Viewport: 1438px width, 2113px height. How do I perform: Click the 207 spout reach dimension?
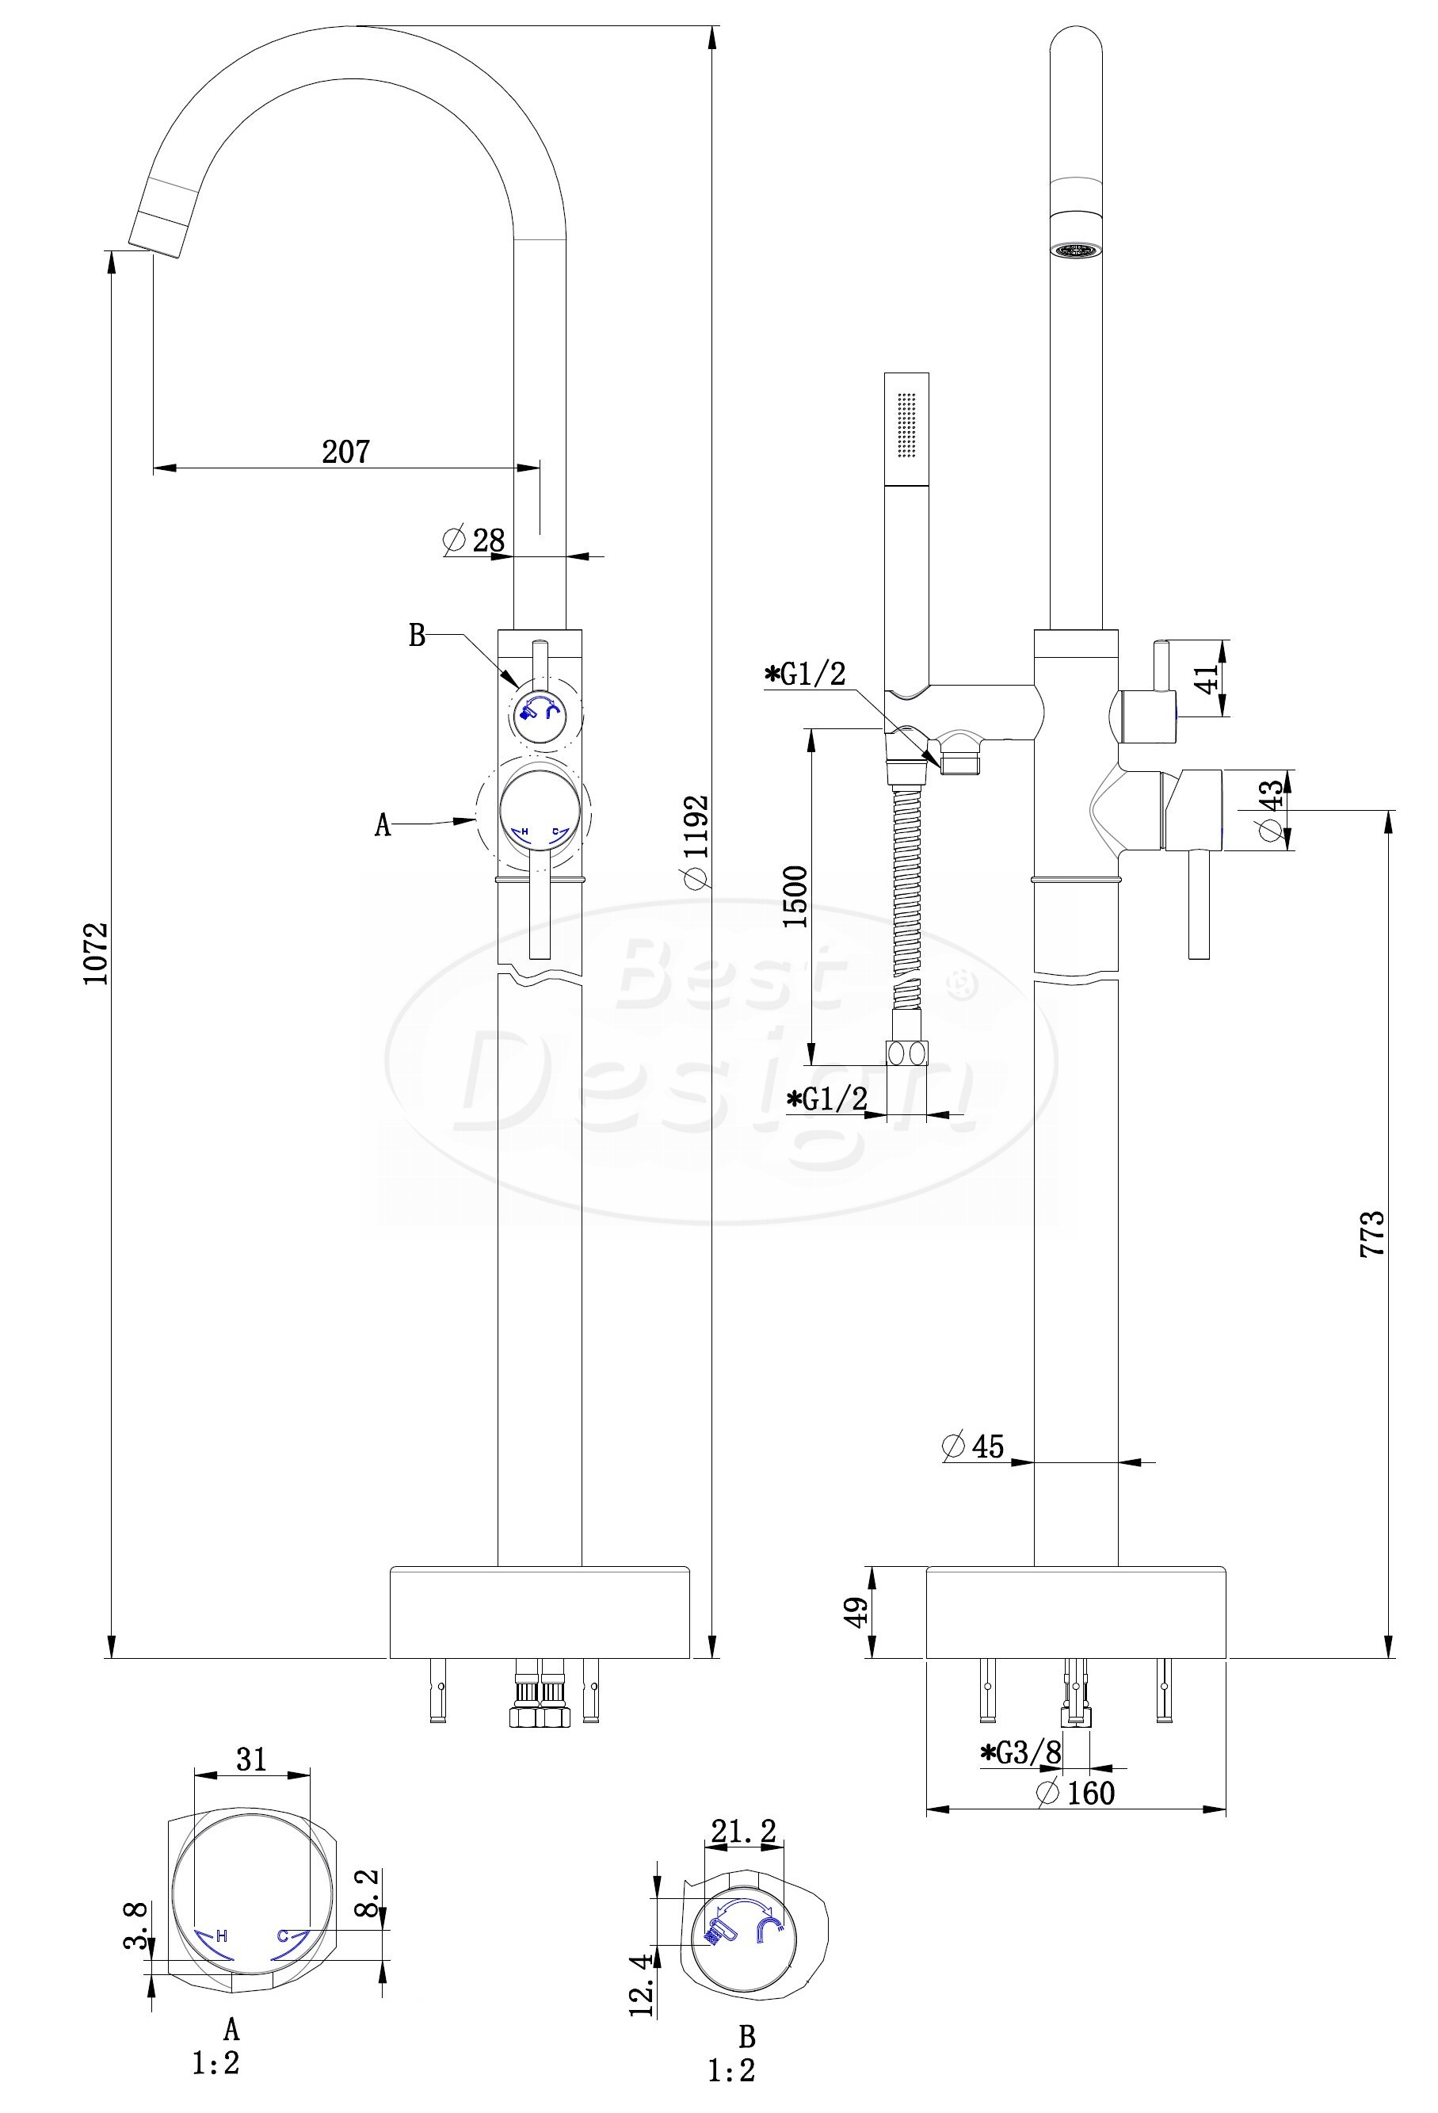pyautogui.click(x=346, y=452)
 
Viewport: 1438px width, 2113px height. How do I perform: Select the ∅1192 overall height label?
pyautogui.click(x=696, y=840)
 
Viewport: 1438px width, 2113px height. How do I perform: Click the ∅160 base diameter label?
pyautogui.click(x=1075, y=1792)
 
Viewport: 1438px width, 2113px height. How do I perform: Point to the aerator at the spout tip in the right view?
pyautogui.click(x=1075, y=248)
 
